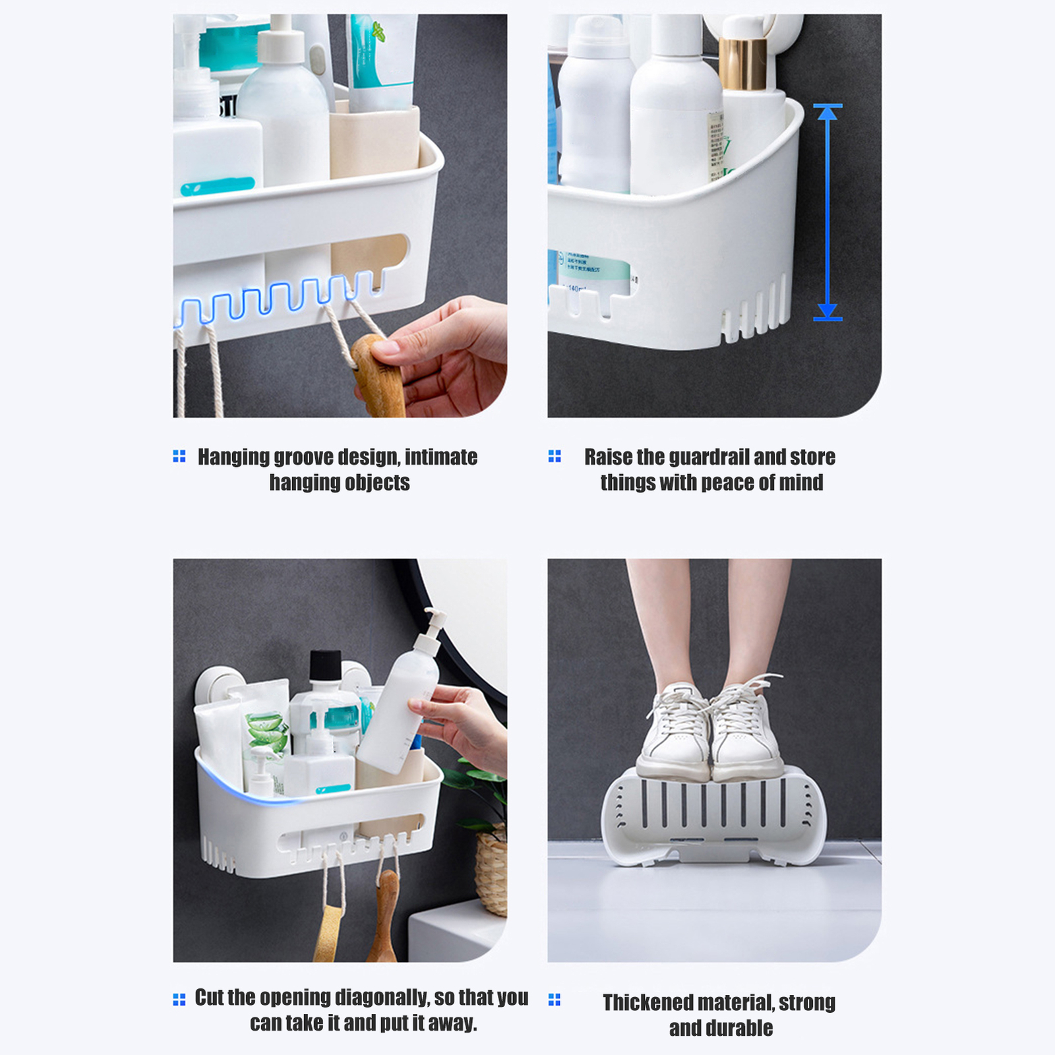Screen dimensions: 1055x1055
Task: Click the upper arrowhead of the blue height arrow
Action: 828,113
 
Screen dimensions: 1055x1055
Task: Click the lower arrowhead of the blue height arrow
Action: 828,311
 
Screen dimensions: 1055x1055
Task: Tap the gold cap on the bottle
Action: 743,63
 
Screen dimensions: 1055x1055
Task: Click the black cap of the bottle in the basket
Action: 325,665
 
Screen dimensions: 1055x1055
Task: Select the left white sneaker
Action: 677,732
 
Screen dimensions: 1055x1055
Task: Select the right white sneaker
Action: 748,732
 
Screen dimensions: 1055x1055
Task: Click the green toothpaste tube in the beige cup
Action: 379,59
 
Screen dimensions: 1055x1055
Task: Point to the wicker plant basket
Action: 491,870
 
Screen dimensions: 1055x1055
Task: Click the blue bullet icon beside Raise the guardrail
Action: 555,456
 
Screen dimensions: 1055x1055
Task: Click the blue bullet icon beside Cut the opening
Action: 179,1000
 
